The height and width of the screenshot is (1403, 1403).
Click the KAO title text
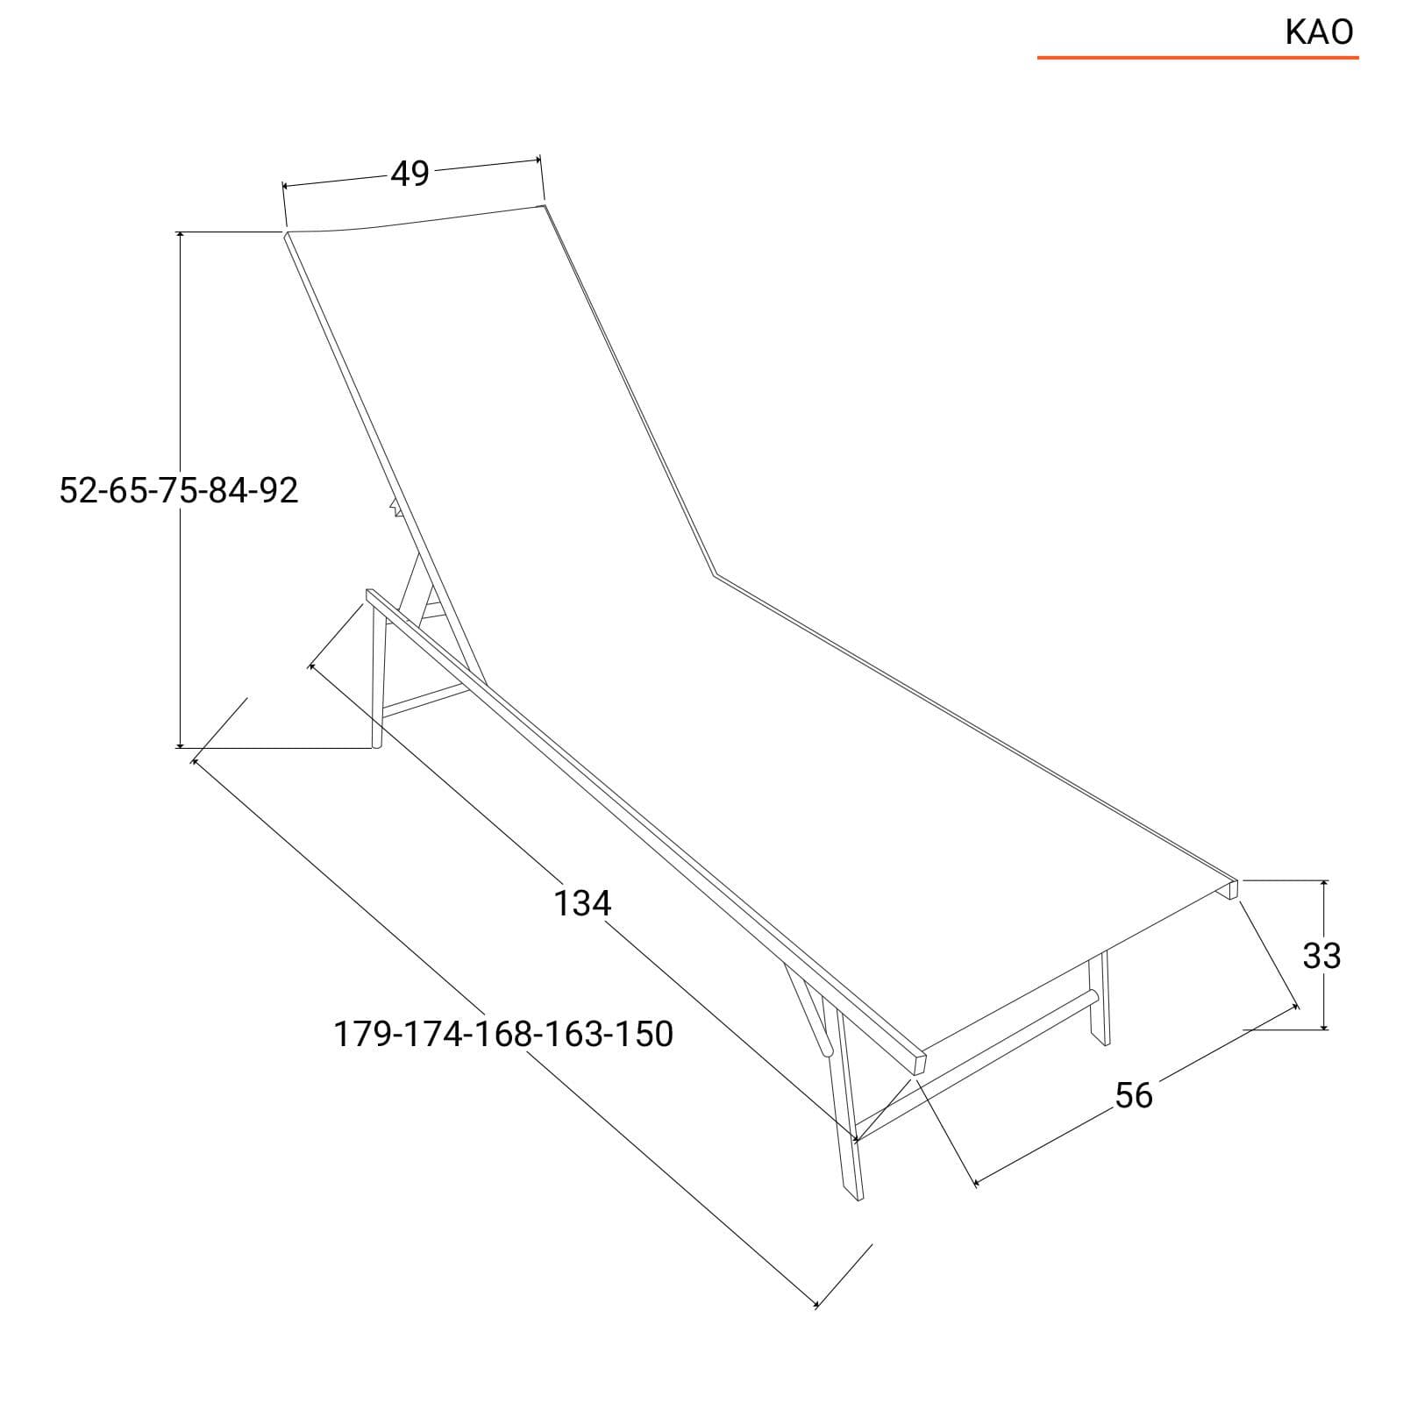click(1319, 32)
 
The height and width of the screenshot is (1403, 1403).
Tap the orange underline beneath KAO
click(1198, 58)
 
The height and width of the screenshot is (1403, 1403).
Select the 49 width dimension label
click(410, 174)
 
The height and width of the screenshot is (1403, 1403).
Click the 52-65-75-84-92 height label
click(179, 489)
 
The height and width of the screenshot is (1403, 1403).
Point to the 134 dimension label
click(582, 902)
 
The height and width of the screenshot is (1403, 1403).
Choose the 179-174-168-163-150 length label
click(503, 1034)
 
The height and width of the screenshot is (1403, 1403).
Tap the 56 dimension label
click(1134, 1095)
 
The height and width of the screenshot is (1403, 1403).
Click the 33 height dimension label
click(1321, 955)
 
